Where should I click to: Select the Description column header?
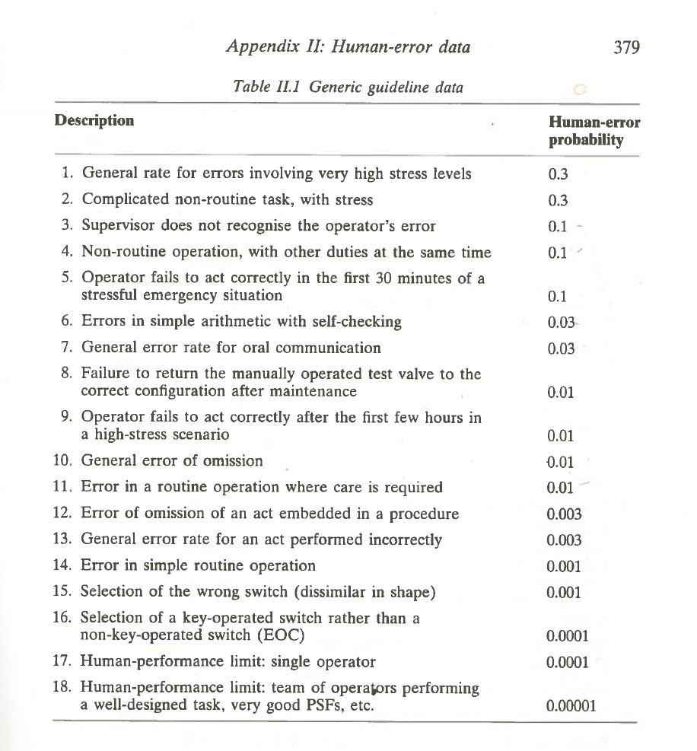(x=94, y=120)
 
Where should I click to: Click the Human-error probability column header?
(x=594, y=131)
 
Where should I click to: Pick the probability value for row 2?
(x=558, y=200)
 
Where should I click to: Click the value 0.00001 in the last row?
(x=571, y=705)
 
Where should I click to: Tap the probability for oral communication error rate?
(x=562, y=348)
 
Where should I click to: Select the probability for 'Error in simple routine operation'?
(x=564, y=566)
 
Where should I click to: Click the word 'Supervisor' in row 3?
(x=118, y=226)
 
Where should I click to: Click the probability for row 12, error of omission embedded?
(x=564, y=514)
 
